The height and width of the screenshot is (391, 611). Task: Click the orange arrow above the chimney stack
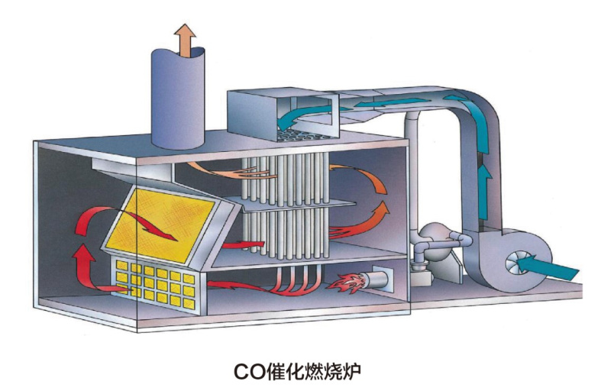coord(183,38)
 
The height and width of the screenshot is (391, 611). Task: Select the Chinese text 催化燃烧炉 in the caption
coord(322,372)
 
